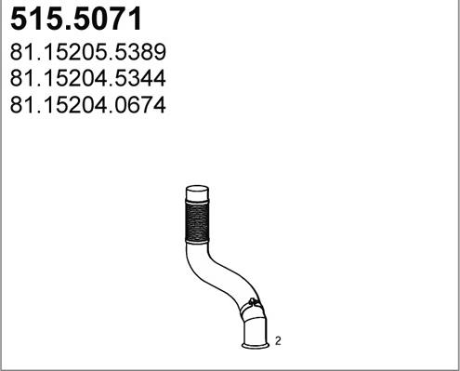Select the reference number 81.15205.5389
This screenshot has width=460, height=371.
87,51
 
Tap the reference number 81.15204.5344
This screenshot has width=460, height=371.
87,78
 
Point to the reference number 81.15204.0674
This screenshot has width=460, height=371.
87,106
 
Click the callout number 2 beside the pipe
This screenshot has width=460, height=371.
278,342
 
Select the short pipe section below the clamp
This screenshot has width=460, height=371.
254,328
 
